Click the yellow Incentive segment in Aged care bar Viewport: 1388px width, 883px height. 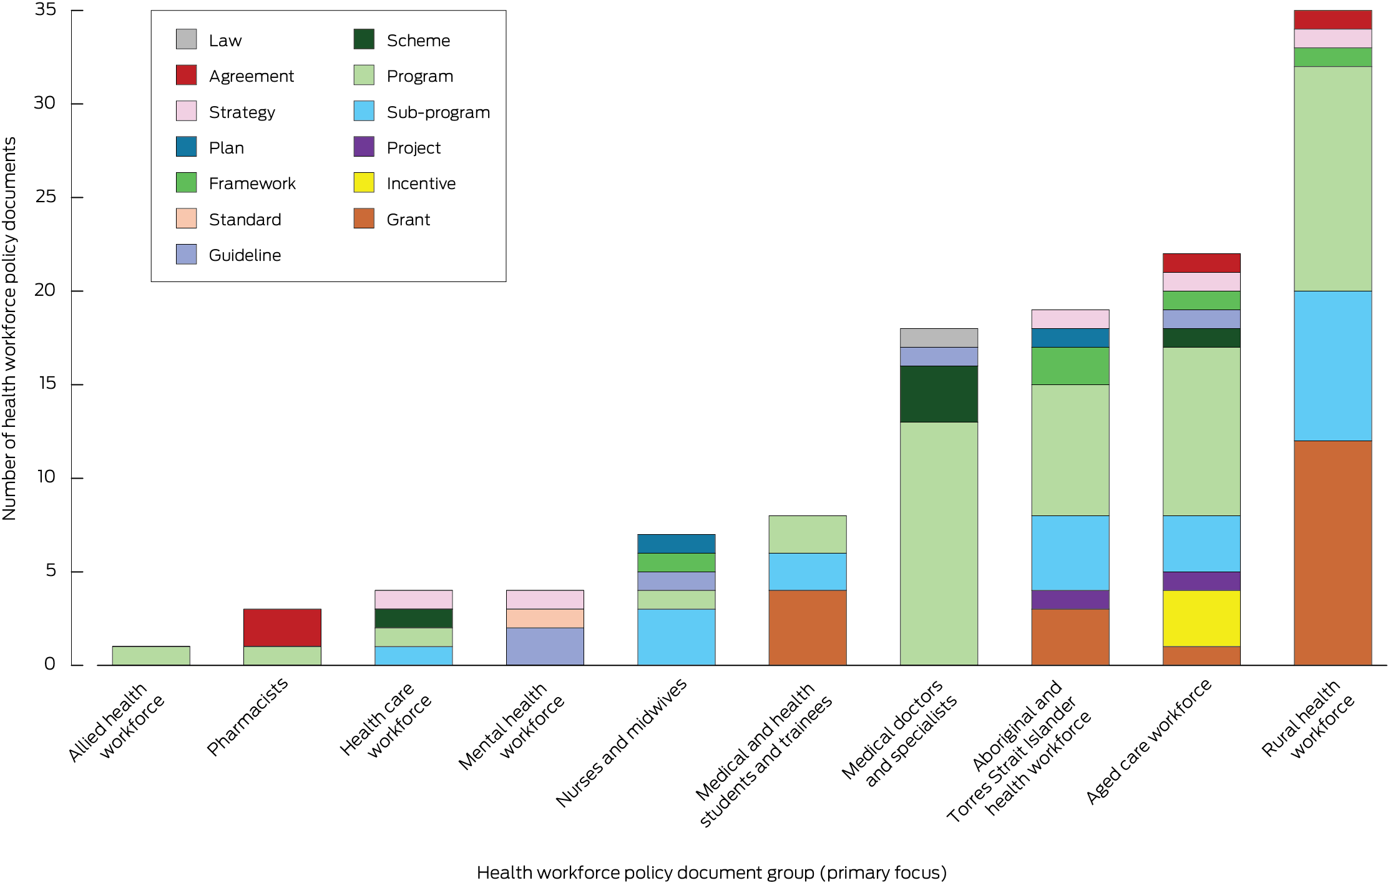(1201, 618)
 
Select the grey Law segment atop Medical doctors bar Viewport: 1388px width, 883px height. (938, 338)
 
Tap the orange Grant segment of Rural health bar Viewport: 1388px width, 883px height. (1332, 552)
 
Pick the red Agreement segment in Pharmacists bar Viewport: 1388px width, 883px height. (282, 627)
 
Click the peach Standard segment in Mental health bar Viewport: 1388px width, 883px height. (545, 618)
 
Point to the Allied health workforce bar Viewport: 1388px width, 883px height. (151, 655)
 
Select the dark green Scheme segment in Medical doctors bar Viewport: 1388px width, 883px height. (938, 394)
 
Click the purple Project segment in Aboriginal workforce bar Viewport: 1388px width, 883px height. (1070, 599)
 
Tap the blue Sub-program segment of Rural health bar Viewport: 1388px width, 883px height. (1332, 366)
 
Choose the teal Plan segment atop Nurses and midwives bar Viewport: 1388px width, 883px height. (676, 543)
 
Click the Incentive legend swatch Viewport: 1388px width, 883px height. (364, 183)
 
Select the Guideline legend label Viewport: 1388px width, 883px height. (245, 255)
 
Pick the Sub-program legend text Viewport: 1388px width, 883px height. (438, 112)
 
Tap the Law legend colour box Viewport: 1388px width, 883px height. (186, 39)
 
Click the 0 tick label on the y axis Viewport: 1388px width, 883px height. (50, 664)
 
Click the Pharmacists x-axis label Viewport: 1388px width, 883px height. (248, 716)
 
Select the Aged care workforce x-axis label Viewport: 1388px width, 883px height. (1148, 741)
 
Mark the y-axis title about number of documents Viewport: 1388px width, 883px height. (9, 328)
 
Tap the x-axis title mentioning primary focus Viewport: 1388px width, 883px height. (711, 872)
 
